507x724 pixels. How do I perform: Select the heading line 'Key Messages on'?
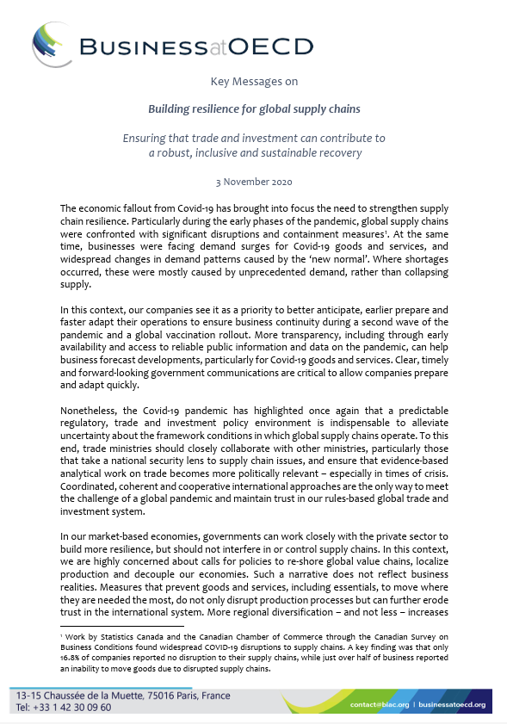pos(254,83)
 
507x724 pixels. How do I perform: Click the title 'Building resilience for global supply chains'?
pos(254,109)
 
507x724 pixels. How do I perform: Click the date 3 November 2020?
pos(254,182)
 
